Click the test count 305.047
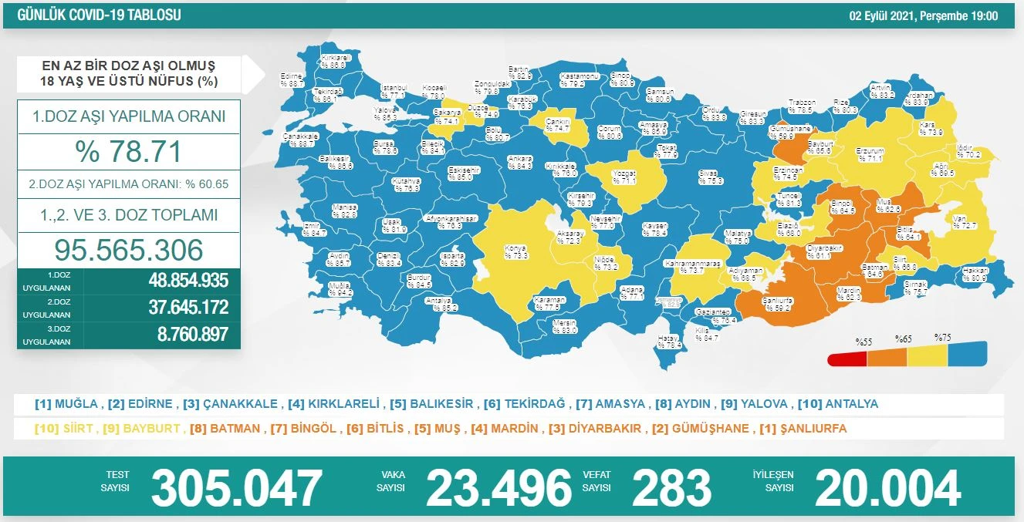[236, 488]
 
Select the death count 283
[671, 488]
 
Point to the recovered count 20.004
[887, 488]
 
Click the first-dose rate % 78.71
[128, 151]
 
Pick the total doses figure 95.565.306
[128, 249]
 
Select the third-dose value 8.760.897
[188, 334]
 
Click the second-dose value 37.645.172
[188, 308]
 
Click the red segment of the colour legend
[847, 359]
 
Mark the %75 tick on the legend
[942, 338]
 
